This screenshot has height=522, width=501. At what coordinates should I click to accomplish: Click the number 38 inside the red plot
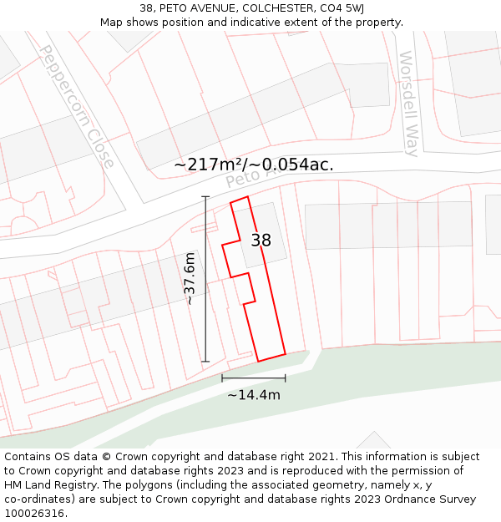pyautogui.click(x=261, y=241)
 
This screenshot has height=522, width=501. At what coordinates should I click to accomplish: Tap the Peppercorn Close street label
pyautogui.click(x=77, y=106)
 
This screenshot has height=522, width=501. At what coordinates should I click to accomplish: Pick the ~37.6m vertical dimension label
pyautogui.click(x=190, y=278)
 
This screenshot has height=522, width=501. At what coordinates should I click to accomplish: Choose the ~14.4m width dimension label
pyautogui.click(x=254, y=395)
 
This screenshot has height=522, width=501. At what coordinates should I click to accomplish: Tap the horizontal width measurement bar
pyautogui.click(x=254, y=378)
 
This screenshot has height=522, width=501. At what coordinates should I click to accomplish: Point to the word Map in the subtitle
pyautogui.click(x=113, y=23)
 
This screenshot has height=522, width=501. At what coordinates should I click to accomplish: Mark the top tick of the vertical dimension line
pyautogui.click(x=206, y=197)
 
